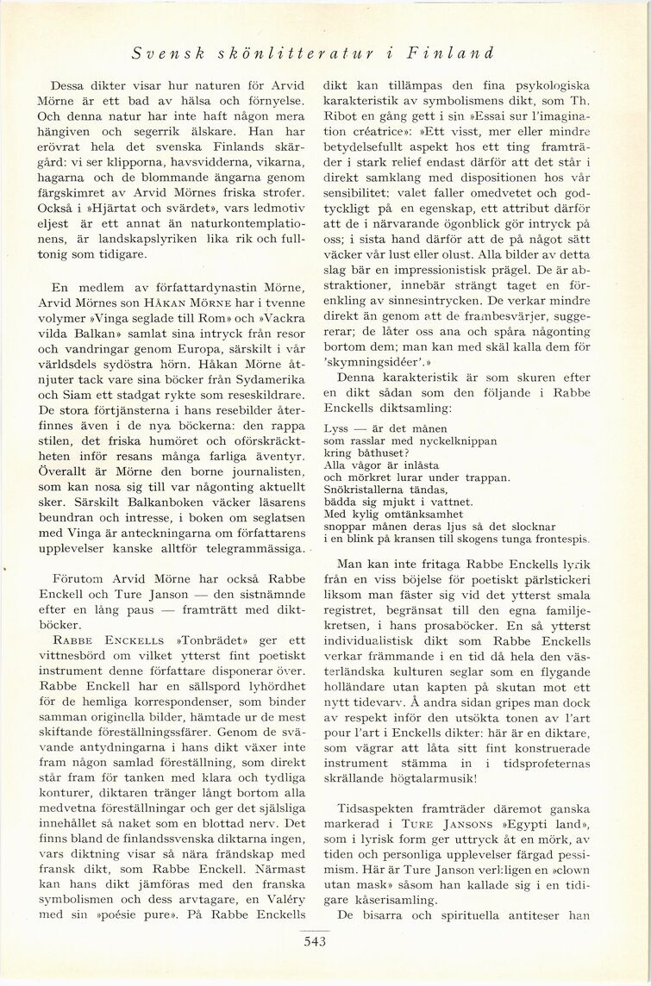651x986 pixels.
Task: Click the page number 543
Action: coord(315,941)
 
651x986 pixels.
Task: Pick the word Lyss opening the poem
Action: coord(336,428)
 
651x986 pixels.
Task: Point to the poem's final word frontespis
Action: coord(559,539)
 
